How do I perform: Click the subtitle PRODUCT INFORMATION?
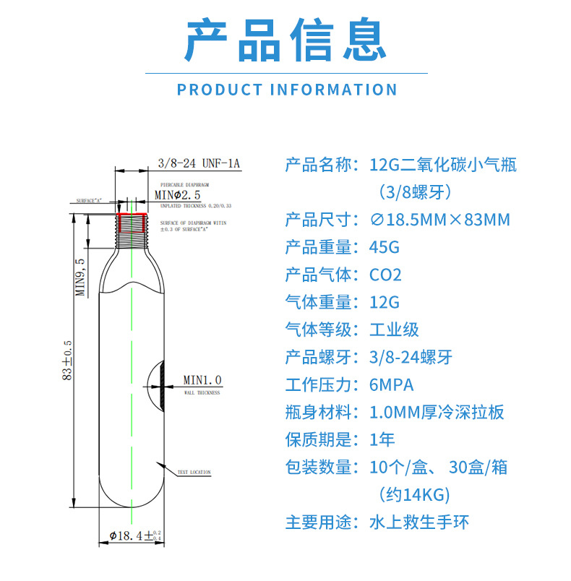(287, 90)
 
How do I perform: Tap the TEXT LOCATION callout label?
(194, 473)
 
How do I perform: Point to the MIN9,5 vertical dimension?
(82, 278)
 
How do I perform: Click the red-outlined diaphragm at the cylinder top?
(132, 215)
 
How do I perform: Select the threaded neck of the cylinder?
(132, 233)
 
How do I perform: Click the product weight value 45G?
(384, 247)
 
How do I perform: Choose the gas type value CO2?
(385, 275)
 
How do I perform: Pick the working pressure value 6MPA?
(392, 384)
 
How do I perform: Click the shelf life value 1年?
(382, 439)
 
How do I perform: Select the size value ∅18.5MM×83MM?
(439, 220)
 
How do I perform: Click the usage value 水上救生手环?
(419, 522)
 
